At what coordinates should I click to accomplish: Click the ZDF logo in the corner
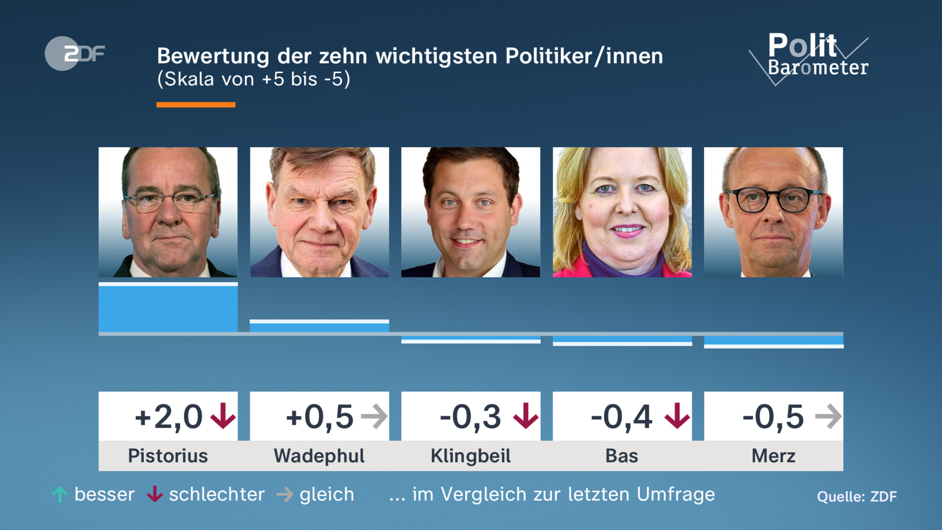coord(75,53)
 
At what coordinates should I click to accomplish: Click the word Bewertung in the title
coord(213,56)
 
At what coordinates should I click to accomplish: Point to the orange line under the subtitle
coord(196,105)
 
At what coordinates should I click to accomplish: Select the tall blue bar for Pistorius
coord(168,308)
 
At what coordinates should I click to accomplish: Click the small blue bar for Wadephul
coord(319,326)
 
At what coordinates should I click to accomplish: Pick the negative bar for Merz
coord(773,340)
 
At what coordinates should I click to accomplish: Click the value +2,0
coord(169,417)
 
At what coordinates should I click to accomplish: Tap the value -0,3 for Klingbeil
coord(470,417)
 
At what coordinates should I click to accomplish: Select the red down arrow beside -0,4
coord(677,416)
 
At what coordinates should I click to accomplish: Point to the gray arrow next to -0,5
coord(828,416)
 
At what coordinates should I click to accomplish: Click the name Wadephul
coord(319,456)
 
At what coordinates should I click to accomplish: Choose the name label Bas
coord(622,456)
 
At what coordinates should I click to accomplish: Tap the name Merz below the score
coord(773,456)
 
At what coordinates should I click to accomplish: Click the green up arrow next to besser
coord(60,495)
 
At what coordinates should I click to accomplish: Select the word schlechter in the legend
coord(217,494)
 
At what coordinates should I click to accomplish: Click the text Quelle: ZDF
coord(857,497)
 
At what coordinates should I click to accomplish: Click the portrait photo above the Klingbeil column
coord(471,212)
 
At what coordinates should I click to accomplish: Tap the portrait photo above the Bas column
coord(622,212)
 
